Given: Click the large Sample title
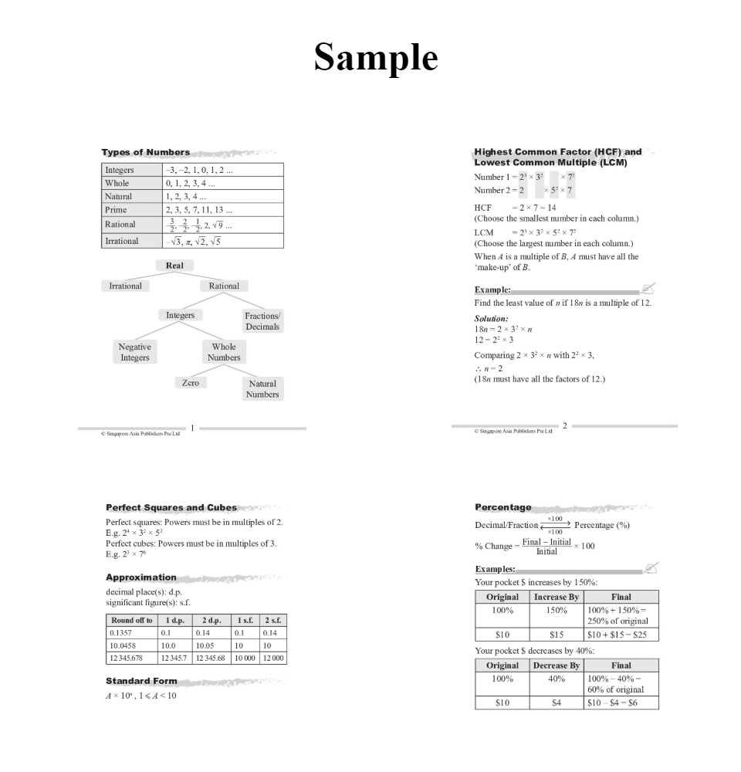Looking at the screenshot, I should pos(376,57).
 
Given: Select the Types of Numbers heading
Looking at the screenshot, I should pos(146,152).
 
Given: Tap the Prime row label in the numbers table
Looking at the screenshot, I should pos(116,209).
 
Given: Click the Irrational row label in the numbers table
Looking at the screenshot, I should pos(122,241).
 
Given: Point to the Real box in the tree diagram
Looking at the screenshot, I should pos(174,266).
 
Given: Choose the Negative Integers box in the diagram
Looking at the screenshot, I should pos(135,352).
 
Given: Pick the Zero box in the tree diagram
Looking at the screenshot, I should pos(190,383).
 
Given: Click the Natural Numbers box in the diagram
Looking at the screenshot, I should pos(262,388).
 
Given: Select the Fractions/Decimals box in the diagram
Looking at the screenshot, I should pos(262,321).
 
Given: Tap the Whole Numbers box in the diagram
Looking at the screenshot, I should pos(224,352).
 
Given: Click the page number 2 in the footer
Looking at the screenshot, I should pos(565,425).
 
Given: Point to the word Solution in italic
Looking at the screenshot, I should pos(491,318).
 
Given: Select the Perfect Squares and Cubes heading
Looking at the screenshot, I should pos(171,507).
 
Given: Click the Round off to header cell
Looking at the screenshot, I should pos(130,620).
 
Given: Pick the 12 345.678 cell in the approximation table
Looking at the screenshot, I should pos(127,658).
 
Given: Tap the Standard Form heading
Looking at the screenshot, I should pos(141,681).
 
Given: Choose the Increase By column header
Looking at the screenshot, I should pos(556,597).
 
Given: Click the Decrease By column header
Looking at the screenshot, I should pos(556,665).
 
